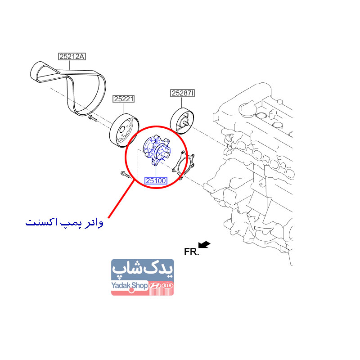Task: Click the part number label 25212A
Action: [x=72, y=57]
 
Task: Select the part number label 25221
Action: [x=124, y=99]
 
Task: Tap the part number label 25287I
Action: [x=183, y=93]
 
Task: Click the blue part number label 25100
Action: [x=156, y=181]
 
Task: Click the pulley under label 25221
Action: [x=124, y=130]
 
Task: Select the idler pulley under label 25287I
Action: [x=182, y=121]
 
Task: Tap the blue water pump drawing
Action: [x=157, y=150]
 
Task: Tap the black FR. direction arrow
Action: [x=204, y=244]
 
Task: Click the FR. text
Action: [x=192, y=252]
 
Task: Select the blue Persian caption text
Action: [x=64, y=222]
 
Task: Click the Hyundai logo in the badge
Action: [x=155, y=286]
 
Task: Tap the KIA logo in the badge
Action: [x=167, y=286]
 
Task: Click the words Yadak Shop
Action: [x=129, y=286]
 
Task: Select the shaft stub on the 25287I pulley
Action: [x=185, y=122]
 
